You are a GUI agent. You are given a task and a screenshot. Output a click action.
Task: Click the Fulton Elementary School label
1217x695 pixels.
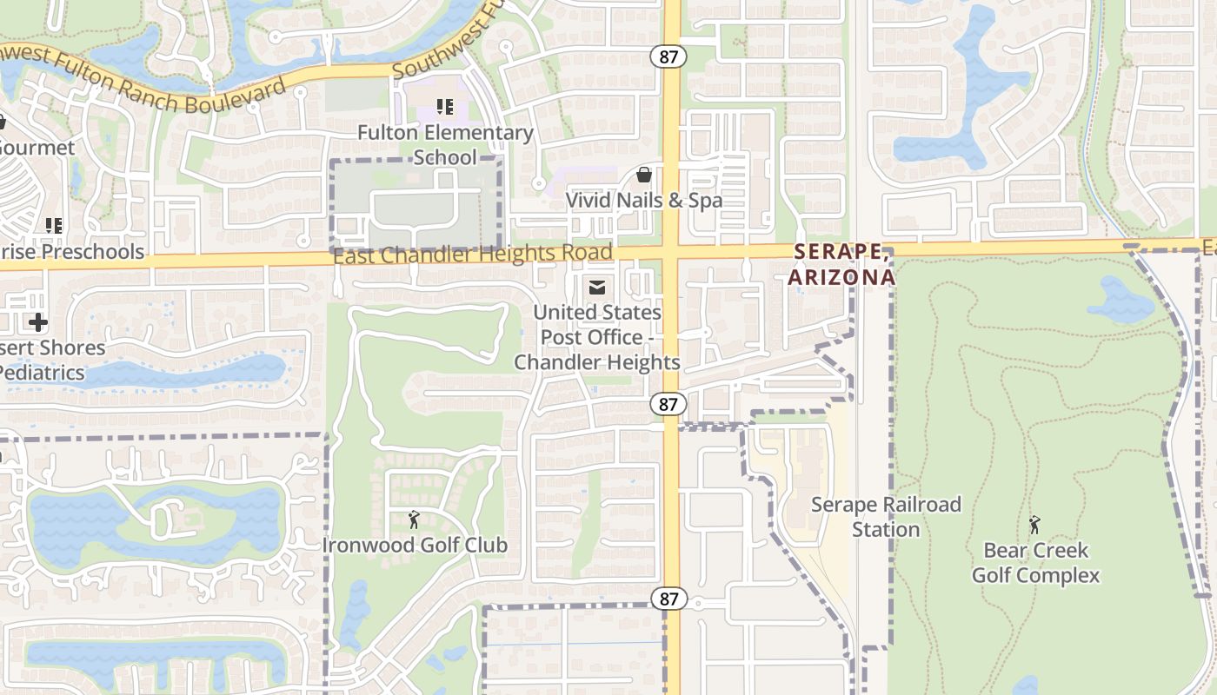pos(445,145)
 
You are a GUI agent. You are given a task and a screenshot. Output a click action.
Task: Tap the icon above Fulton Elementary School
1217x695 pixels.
pos(445,108)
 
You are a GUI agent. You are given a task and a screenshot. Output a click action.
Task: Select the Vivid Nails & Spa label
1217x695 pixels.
pos(643,201)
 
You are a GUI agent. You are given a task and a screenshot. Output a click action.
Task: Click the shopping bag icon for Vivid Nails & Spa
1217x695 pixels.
pos(644,175)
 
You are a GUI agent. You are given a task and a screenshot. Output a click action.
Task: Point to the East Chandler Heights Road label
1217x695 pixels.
pos(473,255)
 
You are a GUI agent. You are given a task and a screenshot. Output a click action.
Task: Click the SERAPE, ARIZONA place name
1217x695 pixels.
pos(841,264)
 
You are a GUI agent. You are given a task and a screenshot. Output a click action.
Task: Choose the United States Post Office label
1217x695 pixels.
pos(597,337)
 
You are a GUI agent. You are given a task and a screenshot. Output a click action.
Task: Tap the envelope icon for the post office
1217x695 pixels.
pos(597,287)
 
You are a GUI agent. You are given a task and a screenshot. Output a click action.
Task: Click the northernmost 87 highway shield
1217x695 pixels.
pos(668,56)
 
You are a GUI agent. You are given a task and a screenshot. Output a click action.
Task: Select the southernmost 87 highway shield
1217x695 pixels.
pos(668,599)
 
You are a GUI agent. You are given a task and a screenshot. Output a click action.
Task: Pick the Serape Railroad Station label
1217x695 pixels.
pos(886,517)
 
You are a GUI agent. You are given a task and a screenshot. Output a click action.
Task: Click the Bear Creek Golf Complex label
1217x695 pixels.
pos(1035,563)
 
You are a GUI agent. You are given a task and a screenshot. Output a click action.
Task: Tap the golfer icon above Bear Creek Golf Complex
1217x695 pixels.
pos(1034,525)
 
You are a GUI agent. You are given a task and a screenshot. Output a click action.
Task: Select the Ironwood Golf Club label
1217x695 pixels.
pos(415,546)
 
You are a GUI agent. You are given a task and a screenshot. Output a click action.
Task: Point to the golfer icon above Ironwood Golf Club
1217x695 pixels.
pos(414,520)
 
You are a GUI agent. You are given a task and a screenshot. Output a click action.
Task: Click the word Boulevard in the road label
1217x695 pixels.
pos(236,97)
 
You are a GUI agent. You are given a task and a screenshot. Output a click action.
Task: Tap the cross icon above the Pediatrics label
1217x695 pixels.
pos(37,322)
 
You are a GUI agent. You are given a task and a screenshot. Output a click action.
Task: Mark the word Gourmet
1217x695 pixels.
pos(37,148)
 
